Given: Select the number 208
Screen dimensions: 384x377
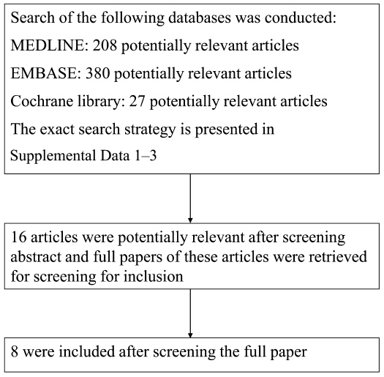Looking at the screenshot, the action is pos(105,45).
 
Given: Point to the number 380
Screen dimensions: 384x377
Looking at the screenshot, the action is pos(98,73).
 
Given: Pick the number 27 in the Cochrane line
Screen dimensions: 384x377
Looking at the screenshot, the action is pos(138,101).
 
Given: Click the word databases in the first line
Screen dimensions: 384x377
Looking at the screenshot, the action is pos(200,18).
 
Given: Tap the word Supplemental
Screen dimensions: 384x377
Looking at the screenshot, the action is pos(53,156).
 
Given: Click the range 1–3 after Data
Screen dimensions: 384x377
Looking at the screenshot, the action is pos(146,156).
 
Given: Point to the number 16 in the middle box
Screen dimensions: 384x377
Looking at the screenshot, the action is pos(18,237).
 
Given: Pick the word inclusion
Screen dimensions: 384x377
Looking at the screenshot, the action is pos(153,277).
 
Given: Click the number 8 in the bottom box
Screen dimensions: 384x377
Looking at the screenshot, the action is pos(15,351).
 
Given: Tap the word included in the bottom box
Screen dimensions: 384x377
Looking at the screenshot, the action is pos(87,351).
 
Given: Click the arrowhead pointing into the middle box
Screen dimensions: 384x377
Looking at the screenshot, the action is pos(190,220).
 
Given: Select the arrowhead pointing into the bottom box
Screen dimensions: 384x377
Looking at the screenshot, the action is pos(190,335).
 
